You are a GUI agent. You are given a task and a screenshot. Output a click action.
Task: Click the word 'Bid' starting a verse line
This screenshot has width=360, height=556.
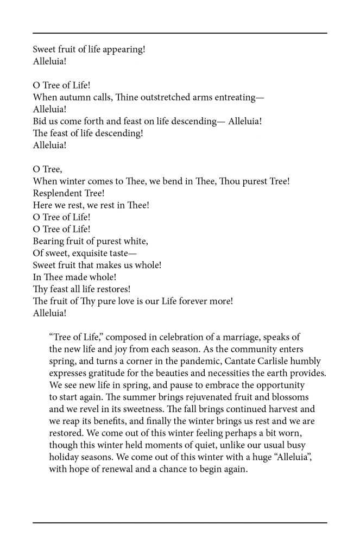[40, 121]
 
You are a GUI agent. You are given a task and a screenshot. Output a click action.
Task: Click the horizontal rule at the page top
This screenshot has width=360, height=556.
[180, 34]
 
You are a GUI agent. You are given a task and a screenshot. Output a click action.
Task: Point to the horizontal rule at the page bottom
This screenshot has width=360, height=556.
[180, 522]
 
